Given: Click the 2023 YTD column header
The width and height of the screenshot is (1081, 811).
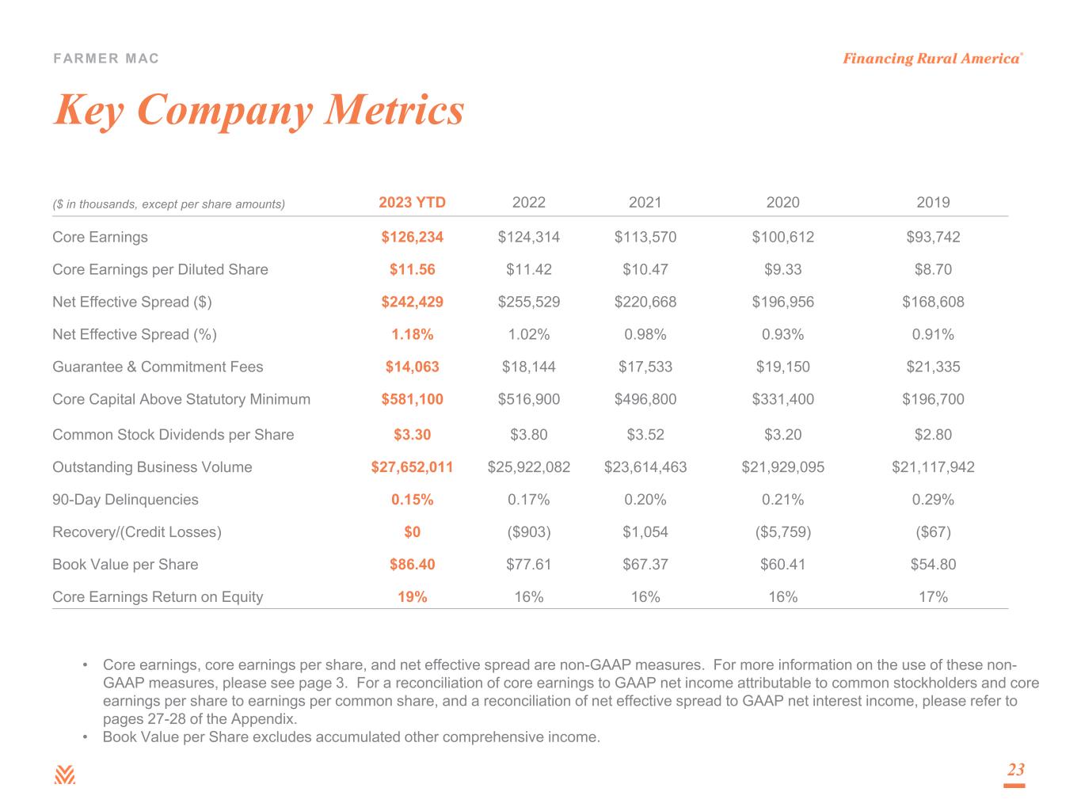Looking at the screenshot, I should click(412, 202).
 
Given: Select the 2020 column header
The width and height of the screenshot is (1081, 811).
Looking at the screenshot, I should click(782, 202).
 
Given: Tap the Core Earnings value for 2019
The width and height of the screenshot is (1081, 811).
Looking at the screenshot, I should click(933, 237).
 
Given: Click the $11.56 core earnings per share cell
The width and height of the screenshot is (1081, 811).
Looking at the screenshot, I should click(412, 269).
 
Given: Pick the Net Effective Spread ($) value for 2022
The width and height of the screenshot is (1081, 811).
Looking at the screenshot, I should click(528, 302).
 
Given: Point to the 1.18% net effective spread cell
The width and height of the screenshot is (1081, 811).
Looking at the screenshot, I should click(412, 334).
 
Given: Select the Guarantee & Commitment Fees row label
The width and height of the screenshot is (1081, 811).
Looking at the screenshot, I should click(158, 367).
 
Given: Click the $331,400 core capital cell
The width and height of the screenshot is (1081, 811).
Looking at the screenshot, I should click(782, 399).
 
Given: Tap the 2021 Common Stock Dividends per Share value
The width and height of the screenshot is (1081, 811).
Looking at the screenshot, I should click(645, 435).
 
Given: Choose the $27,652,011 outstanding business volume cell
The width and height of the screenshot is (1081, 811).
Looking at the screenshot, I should click(412, 467).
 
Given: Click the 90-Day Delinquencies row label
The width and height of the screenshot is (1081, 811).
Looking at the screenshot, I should click(125, 500).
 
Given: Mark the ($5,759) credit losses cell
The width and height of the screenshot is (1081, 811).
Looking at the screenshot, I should click(782, 532).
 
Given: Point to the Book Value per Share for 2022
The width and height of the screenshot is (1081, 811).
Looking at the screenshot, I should click(528, 565).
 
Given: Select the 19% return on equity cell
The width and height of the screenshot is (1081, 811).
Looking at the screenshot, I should click(412, 597).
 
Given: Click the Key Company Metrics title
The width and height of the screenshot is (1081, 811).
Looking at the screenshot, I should click(258, 109).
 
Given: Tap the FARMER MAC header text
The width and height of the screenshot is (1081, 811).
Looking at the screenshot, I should click(106, 59).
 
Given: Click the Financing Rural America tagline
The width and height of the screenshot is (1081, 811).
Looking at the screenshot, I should click(931, 59).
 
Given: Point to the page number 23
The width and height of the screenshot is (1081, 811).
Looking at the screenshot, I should click(1015, 770).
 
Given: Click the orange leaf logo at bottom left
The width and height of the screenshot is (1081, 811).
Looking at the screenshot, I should click(65, 775).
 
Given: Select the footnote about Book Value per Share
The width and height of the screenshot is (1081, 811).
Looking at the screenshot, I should click(352, 737).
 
